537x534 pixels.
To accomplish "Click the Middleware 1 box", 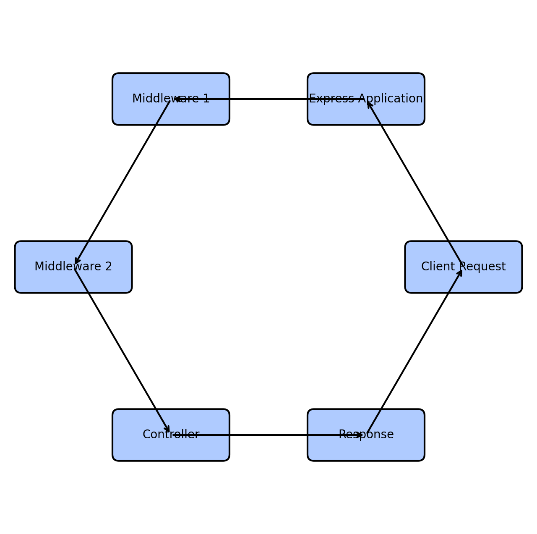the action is pyautogui.click(x=171, y=99).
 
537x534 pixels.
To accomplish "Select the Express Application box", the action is pyautogui.click(x=366, y=99).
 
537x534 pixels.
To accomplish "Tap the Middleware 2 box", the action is pyautogui.click(x=73, y=267).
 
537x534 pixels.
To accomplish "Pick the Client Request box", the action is pyautogui.click(x=464, y=267).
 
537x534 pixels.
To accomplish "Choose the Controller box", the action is pyautogui.click(x=171, y=435).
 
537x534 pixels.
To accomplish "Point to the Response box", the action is pyautogui.click(x=366, y=435).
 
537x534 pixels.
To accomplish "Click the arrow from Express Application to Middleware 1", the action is pyautogui.click(x=268, y=99).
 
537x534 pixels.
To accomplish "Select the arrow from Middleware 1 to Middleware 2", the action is pyautogui.click(x=123, y=183).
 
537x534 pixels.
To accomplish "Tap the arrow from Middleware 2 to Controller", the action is pyautogui.click(x=122, y=351).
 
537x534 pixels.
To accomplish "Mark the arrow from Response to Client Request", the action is pyautogui.click(x=414, y=351).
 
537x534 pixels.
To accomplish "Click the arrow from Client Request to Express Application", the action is pyautogui.click(x=414, y=182).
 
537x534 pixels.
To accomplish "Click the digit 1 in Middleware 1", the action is pyautogui.click(x=206, y=99).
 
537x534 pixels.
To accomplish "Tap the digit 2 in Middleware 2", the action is pyautogui.click(x=108, y=266).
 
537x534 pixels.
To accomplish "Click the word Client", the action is pyautogui.click(x=438, y=266).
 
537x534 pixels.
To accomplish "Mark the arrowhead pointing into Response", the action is pyautogui.click(x=360, y=435).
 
